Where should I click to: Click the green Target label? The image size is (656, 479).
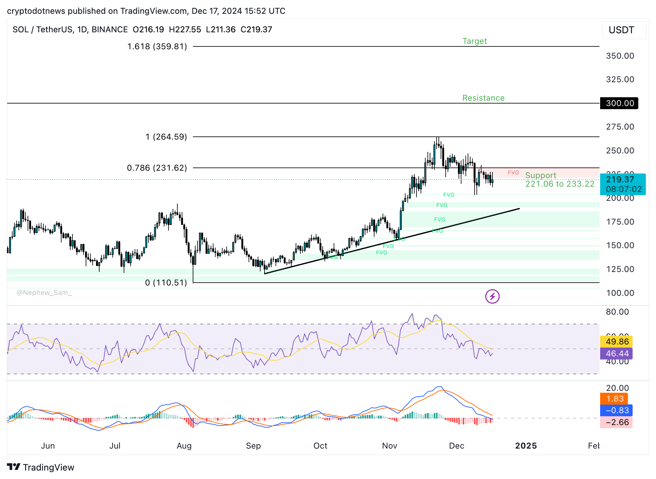tap(474, 41)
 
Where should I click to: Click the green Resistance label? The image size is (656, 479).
tap(483, 98)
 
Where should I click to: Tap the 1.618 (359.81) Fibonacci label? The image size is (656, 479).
tap(157, 46)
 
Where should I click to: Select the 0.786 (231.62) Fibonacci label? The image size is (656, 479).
tap(157, 168)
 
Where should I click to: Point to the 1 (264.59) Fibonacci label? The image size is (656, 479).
tap(166, 137)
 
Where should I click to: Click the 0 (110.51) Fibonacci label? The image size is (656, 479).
tap(166, 283)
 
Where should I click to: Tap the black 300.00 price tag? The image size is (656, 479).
tap(619, 103)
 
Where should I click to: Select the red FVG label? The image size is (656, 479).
tap(513, 173)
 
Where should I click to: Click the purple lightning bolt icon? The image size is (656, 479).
tap(492, 296)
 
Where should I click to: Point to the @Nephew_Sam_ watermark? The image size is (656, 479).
tap(44, 293)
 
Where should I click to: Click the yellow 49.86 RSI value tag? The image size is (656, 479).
tap(616, 342)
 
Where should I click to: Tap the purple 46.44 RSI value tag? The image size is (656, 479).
tap(616, 354)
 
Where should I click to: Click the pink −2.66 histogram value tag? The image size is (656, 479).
tap(616, 422)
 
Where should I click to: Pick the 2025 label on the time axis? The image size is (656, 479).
tap(526, 446)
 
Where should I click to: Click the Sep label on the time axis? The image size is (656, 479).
tap(253, 446)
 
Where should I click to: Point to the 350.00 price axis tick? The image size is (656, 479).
tap(620, 56)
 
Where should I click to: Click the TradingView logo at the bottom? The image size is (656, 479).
tap(41, 467)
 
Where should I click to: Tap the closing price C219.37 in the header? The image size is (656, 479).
tap(256, 29)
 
